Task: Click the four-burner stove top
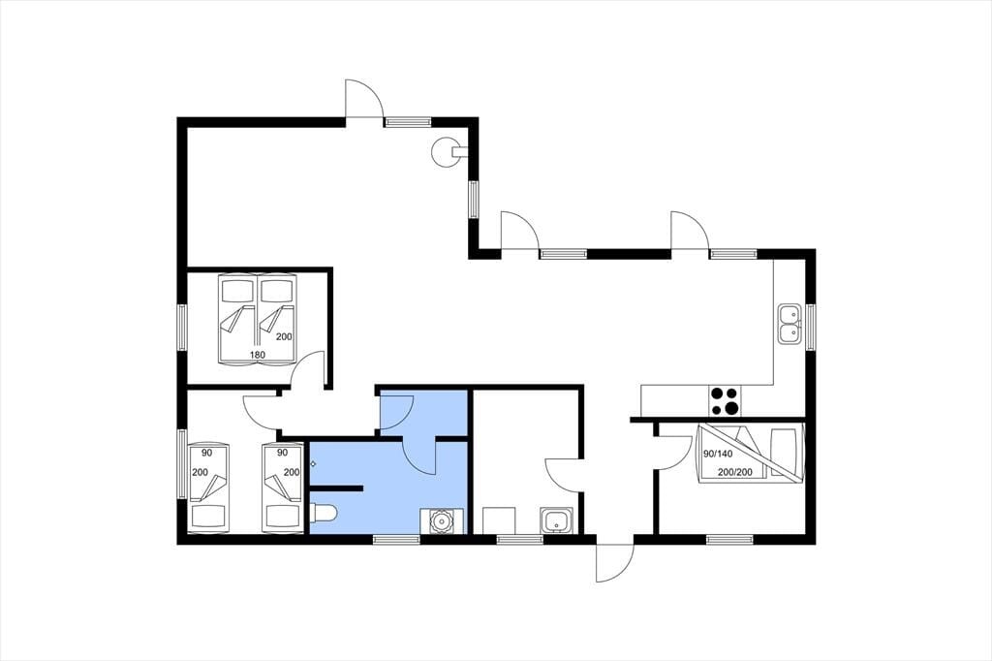tap(725, 401)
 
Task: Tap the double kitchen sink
tap(789, 324)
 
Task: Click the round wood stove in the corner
tap(446, 151)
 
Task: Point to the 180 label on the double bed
tap(258, 355)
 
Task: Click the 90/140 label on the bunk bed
tap(718, 454)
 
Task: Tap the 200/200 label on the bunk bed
tap(735, 472)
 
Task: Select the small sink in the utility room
tap(557, 520)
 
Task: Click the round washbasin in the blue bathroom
tap(442, 520)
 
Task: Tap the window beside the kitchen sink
tap(811, 326)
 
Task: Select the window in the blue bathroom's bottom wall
tap(396, 540)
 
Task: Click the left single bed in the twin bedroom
tap(208, 487)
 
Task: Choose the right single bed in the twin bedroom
tap(282, 487)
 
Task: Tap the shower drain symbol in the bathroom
tap(313, 464)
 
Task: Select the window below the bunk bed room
tap(730, 540)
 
